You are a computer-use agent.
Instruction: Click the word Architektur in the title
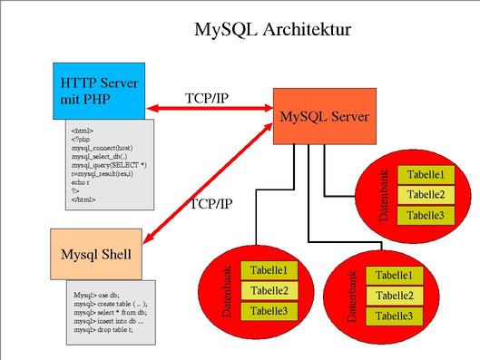pyautogui.click(x=307, y=30)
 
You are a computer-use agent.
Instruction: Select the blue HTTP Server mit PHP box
pyautogui.click(x=98, y=91)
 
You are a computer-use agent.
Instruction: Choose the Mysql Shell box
pyautogui.click(x=96, y=254)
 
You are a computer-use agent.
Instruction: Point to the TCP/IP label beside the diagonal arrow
pyautogui.click(x=211, y=203)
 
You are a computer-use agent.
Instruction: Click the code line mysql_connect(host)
pyautogui.click(x=100, y=148)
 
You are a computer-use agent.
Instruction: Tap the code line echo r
pyautogui.click(x=82, y=182)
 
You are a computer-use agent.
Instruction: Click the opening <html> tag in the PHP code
pyautogui.click(x=82, y=131)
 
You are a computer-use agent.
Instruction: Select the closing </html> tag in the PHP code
pyautogui.click(x=83, y=199)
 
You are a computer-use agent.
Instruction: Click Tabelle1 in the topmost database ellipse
pyautogui.click(x=426, y=175)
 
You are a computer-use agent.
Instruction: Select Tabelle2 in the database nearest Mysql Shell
pyautogui.click(x=269, y=290)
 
